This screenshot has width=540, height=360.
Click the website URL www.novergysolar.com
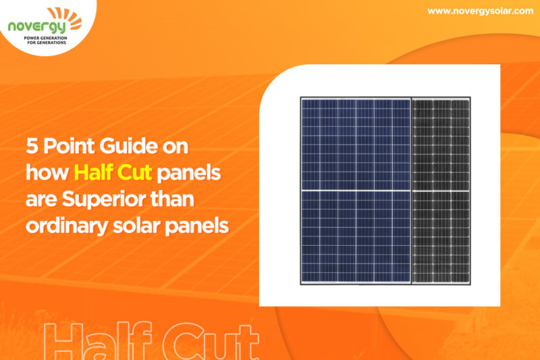click(x=476, y=11)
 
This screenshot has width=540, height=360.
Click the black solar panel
click(x=441, y=189)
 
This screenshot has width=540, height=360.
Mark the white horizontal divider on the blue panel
click(x=356, y=190)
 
